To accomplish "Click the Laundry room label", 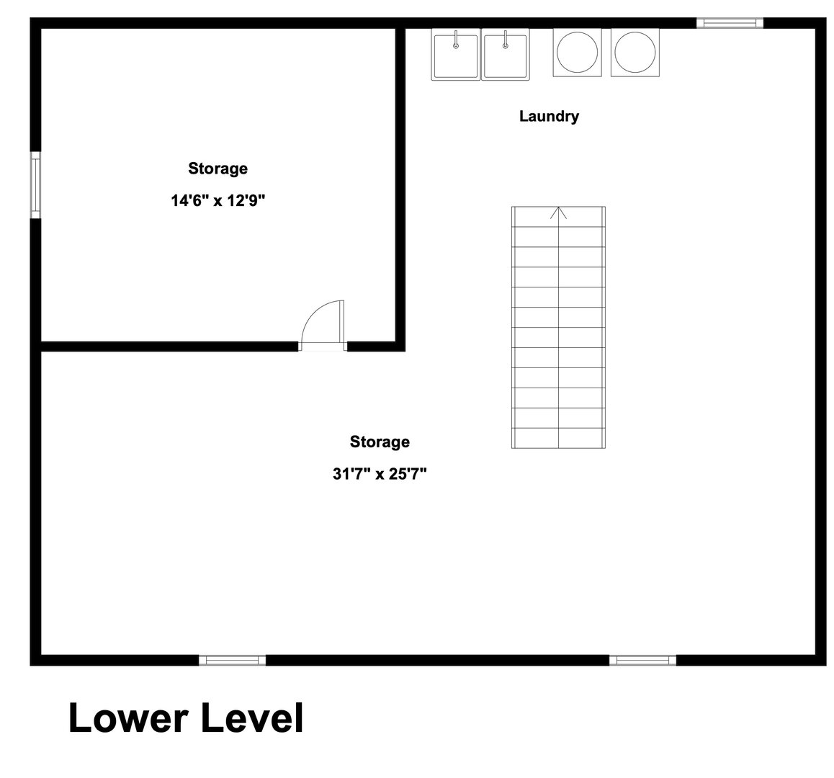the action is coord(549,117).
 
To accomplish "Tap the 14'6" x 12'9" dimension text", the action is coord(218,200).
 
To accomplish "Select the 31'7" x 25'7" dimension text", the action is coord(380,473).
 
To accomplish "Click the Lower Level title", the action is coord(186,718).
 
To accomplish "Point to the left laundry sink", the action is coord(456,55).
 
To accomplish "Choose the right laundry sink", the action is coord(506,55).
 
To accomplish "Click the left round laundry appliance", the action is coord(577,52).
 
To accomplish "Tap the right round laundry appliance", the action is coord(635,52).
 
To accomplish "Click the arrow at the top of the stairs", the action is coord(558,213).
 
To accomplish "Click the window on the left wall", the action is coord(35,184).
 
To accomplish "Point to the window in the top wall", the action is coord(730,23).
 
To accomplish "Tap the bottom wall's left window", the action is coord(233,661).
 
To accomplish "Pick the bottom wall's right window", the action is coord(642,661).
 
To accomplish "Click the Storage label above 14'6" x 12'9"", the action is coord(218,169).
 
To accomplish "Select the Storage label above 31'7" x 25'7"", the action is coord(380,442).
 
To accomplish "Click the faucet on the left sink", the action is coord(456,40).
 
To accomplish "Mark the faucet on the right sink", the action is coord(506,40).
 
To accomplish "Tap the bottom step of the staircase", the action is coord(558,438).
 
